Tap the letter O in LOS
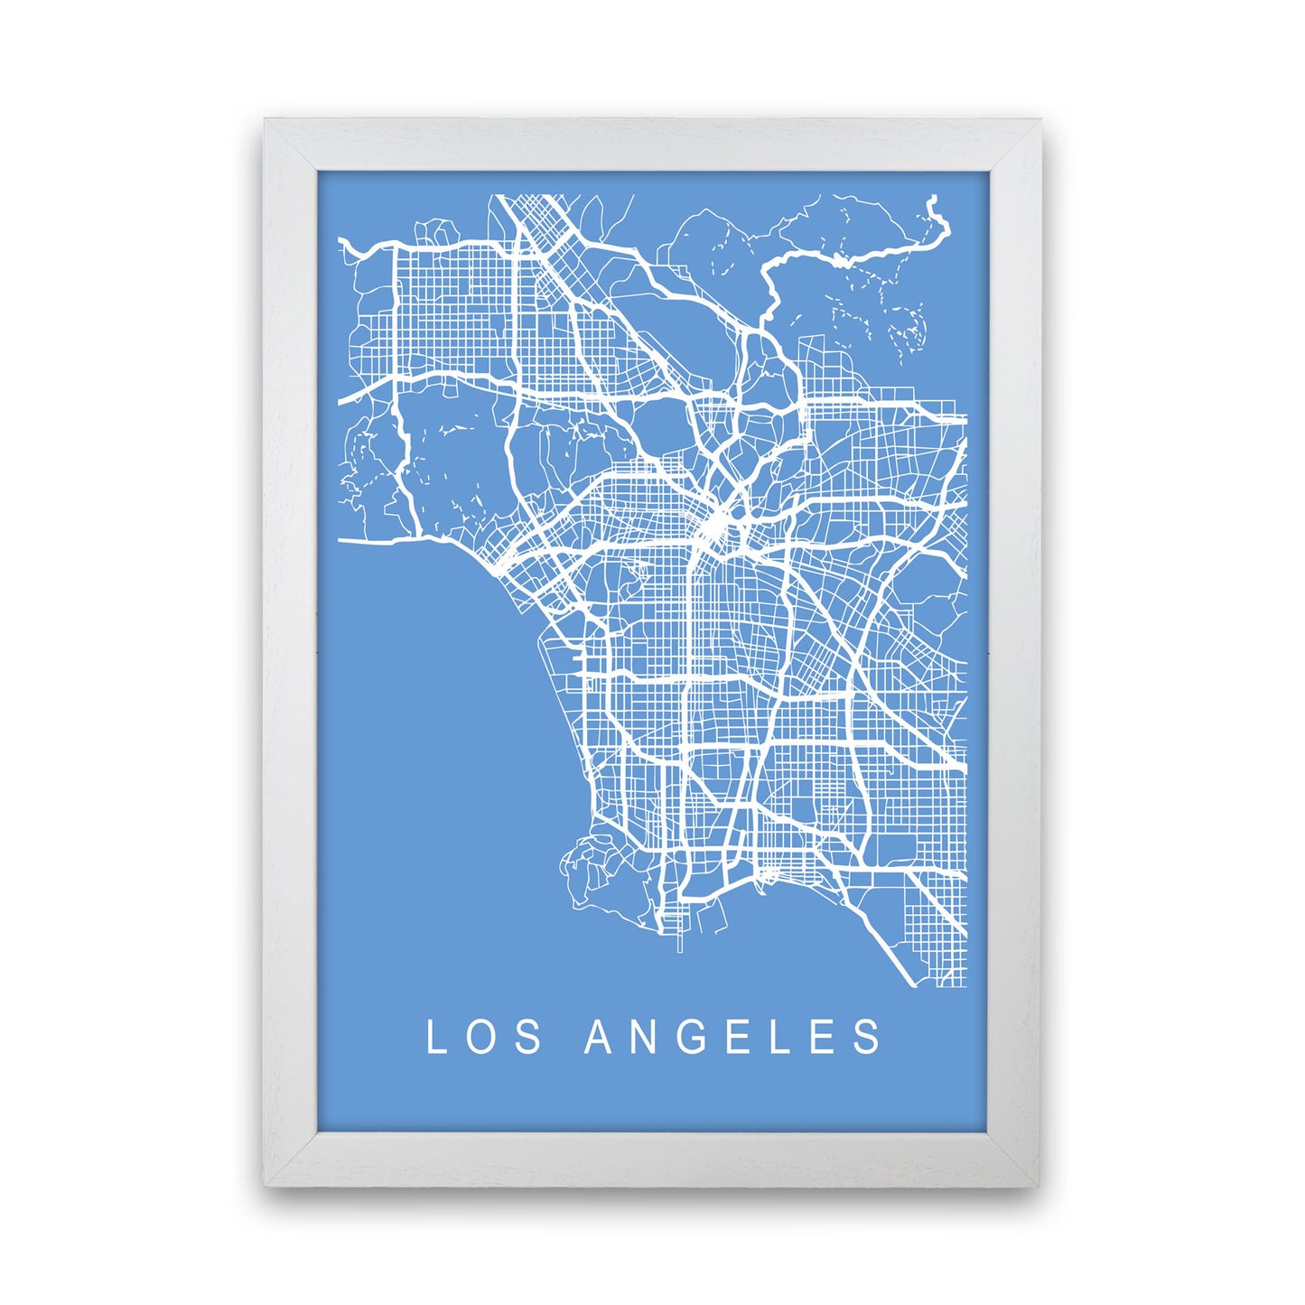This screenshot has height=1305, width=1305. (482, 1037)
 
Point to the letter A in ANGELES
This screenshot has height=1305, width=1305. (600, 1037)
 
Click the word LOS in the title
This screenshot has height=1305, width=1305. (483, 1037)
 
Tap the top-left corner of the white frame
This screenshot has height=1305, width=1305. (265, 119)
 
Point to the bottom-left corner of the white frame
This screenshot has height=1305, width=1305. (265, 1184)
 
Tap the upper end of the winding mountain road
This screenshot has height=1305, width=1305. (933, 200)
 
